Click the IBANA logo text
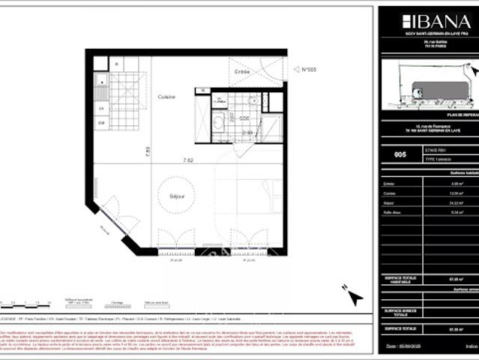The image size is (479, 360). tap(428, 21)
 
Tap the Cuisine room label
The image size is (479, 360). tap(166, 97)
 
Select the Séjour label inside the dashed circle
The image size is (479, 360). tap(177, 196)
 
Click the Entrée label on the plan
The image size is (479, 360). tap(242, 71)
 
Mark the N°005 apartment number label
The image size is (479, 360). tap(309, 70)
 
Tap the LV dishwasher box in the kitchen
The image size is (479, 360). tap(100, 109)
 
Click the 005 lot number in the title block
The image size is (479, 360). tap(400, 154)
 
